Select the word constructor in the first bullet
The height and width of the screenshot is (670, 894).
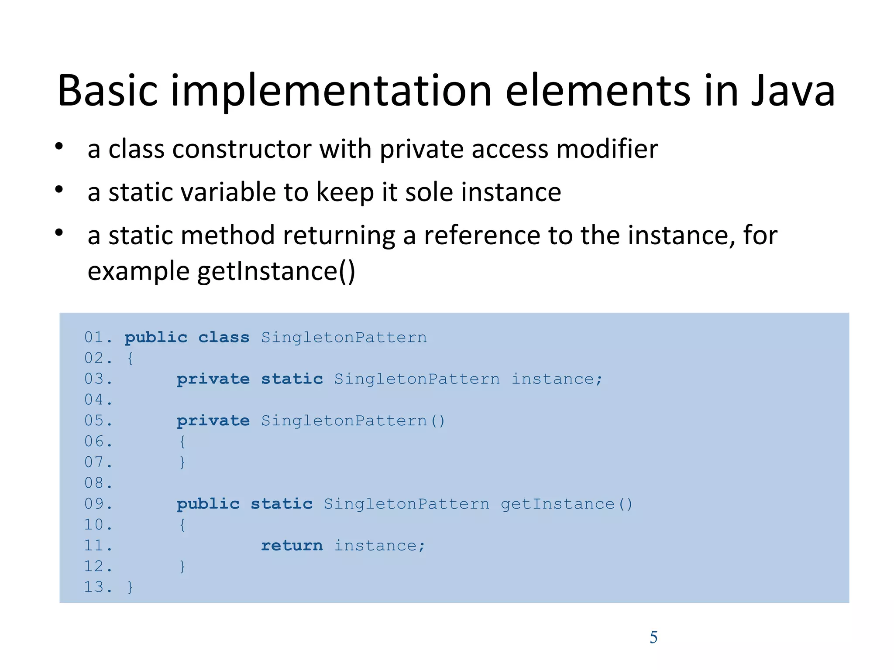[242, 149]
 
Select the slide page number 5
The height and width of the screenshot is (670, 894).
[653, 637]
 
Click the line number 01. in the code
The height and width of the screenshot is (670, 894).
[98, 337]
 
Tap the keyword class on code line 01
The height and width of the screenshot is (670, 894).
[223, 337]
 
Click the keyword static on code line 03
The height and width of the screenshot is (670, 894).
[292, 379]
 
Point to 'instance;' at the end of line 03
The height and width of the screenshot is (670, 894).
[557, 379]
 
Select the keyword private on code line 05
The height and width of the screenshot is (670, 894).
[213, 420]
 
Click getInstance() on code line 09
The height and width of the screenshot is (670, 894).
[566, 504]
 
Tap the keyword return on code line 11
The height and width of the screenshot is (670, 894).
[292, 545]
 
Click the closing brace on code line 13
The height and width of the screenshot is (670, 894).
[130, 587]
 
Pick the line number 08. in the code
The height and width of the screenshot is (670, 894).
[98, 483]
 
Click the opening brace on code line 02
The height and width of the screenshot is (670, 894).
[130, 358]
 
